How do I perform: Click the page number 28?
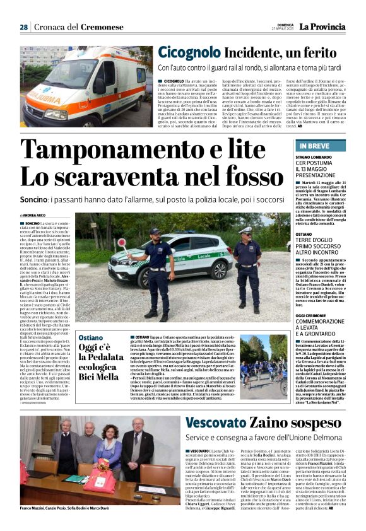point(23,27)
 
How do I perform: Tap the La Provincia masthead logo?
point(322,26)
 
